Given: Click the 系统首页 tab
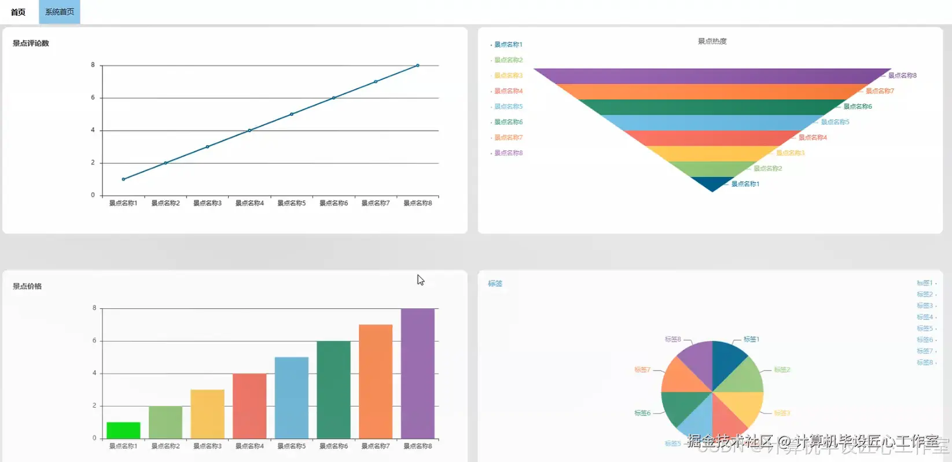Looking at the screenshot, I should point(60,12).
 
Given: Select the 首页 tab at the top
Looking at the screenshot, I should point(18,12).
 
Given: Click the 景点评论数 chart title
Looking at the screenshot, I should point(31,43).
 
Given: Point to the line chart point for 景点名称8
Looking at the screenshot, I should point(418,65).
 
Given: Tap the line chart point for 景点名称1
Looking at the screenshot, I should point(123,179).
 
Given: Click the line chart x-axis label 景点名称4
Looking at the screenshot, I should point(249,203).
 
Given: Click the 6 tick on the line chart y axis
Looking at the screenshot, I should point(93,98).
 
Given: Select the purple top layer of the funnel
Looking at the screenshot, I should point(712,76).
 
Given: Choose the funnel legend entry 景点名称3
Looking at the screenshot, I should point(508,76).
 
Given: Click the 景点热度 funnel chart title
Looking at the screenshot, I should point(712,42).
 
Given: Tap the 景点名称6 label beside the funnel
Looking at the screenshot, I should point(857,106).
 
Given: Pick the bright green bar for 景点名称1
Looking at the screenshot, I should point(123,430).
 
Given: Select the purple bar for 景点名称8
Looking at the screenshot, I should point(418,373).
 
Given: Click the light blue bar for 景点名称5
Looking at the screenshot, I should point(292,397).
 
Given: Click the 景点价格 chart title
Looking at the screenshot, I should point(27,286).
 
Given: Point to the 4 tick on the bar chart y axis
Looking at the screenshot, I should point(94,373).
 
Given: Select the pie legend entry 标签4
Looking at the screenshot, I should point(925,317).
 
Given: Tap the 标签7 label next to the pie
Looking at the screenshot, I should point(642,369).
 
